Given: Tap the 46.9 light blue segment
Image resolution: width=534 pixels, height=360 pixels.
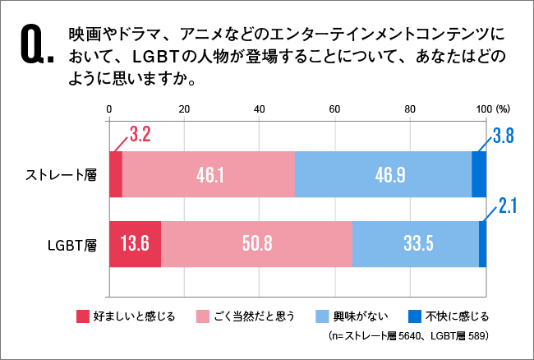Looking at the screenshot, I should [383, 174].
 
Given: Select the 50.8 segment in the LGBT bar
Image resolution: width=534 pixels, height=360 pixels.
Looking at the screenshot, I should [256, 244].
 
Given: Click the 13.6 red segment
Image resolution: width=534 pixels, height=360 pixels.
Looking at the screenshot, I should [134, 244].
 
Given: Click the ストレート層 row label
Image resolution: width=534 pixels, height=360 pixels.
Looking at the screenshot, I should [62, 175].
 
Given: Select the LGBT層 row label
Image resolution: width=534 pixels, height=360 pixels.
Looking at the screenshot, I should [75, 245].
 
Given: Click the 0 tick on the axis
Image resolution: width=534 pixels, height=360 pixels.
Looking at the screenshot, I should [109, 109].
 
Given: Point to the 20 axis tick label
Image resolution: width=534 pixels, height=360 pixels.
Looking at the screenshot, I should [184, 109].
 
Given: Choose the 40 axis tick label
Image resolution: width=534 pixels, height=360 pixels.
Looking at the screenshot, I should [260, 109].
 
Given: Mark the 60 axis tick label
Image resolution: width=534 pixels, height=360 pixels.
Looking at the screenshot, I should [334, 109].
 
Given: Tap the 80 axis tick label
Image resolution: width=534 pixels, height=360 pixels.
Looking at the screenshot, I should [410, 109].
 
